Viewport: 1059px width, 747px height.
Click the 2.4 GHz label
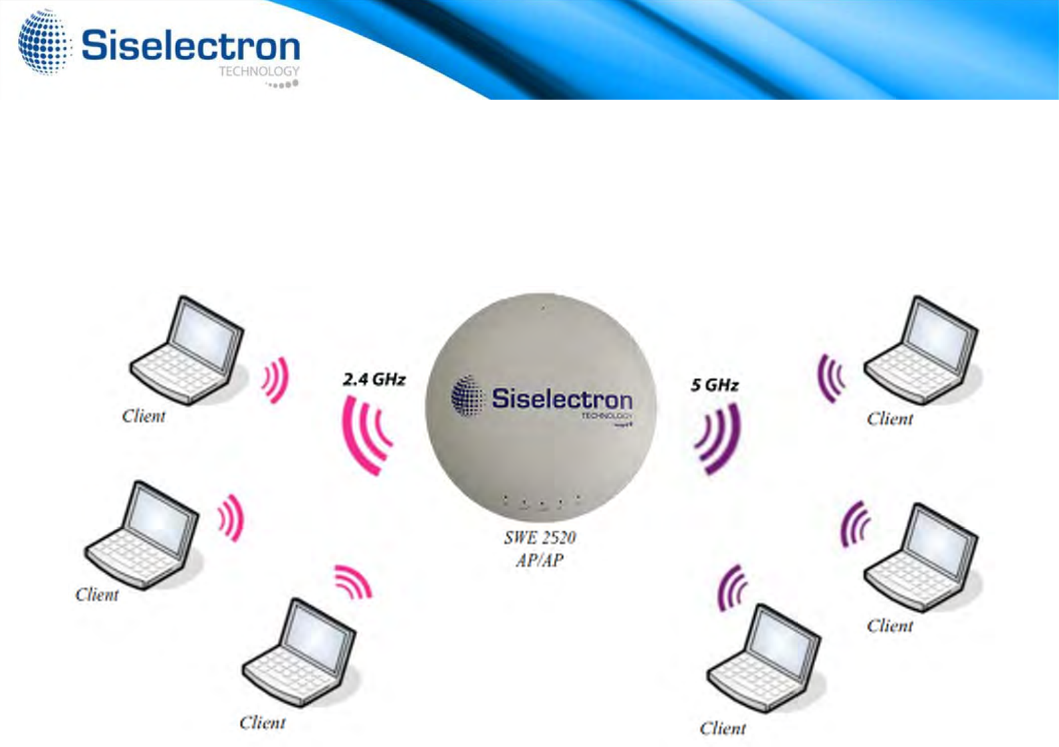point(374,380)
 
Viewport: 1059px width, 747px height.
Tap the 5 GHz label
point(714,385)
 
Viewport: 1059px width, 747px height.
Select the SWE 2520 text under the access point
point(540,538)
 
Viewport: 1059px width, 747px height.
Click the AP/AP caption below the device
point(540,560)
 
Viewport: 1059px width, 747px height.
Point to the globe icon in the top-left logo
point(44,43)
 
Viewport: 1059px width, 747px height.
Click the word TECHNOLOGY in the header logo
point(259,72)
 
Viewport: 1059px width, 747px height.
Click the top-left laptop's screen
point(204,333)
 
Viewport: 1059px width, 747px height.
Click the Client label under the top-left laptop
point(144,417)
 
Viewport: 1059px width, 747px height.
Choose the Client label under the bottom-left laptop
point(262,723)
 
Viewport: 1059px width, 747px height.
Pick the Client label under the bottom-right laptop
point(723,728)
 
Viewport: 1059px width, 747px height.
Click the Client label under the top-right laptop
point(890,419)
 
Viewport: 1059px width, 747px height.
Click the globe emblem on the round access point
point(467,396)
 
